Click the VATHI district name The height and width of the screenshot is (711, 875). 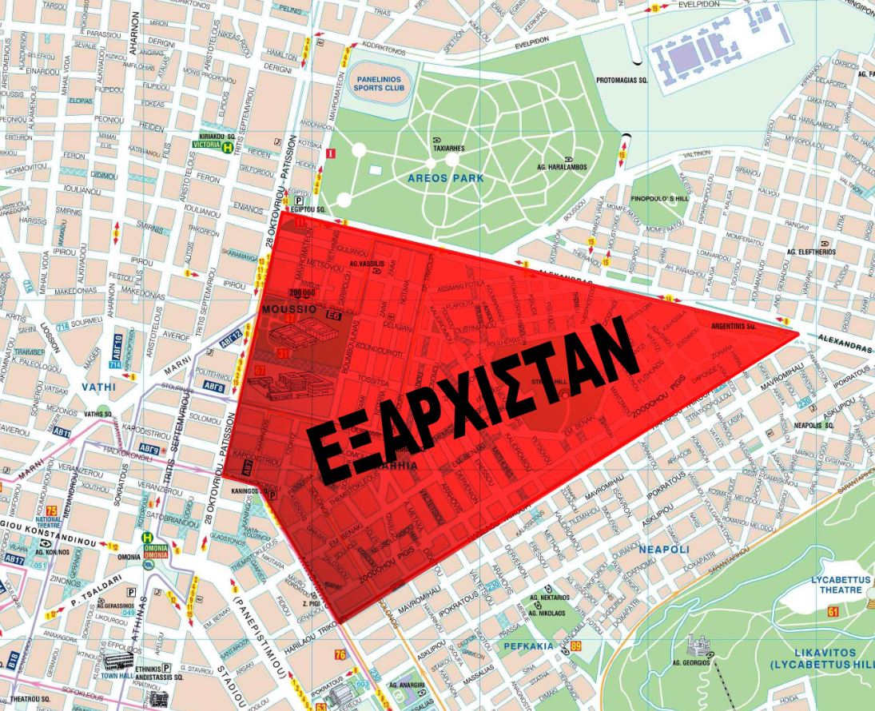click(99, 387)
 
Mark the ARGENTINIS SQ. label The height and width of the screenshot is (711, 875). click(734, 326)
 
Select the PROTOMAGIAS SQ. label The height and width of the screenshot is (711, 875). click(622, 81)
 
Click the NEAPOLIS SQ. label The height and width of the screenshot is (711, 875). click(814, 426)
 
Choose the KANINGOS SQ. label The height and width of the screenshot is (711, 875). click(247, 490)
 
